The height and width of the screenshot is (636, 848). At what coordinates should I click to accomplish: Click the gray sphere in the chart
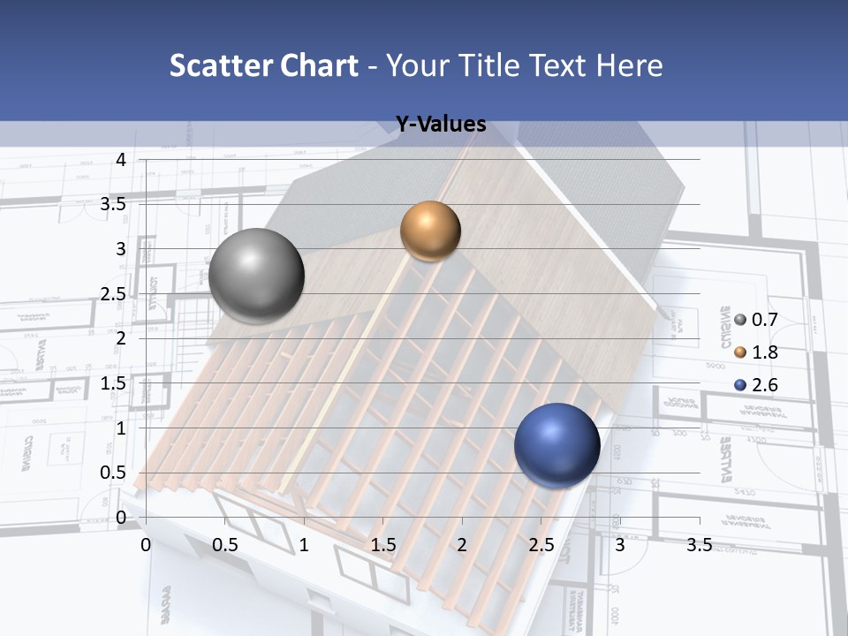[256, 276]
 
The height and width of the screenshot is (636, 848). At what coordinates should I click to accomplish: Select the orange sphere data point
[430, 231]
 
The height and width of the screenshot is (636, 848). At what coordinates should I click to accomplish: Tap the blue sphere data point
[556, 445]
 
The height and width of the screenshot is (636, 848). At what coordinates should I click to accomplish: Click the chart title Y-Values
[440, 125]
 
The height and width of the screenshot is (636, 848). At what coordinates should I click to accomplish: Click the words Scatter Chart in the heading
[264, 65]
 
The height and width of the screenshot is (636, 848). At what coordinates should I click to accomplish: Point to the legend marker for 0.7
[740, 320]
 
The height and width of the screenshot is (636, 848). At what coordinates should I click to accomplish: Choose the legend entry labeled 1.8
[765, 352]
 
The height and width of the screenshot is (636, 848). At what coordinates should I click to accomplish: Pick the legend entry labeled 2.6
[765, 385]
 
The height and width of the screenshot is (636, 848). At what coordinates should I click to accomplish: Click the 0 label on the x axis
[147, 545]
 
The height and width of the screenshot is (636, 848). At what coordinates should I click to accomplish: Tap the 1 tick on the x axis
[304, 545]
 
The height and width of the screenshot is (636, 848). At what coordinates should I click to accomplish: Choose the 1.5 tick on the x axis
[383, 545]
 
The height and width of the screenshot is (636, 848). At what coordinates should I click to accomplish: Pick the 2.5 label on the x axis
[541, 545]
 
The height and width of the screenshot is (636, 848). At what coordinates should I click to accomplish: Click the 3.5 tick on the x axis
[699, 545]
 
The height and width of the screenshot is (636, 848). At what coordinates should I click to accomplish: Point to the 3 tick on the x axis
[620, 545]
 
